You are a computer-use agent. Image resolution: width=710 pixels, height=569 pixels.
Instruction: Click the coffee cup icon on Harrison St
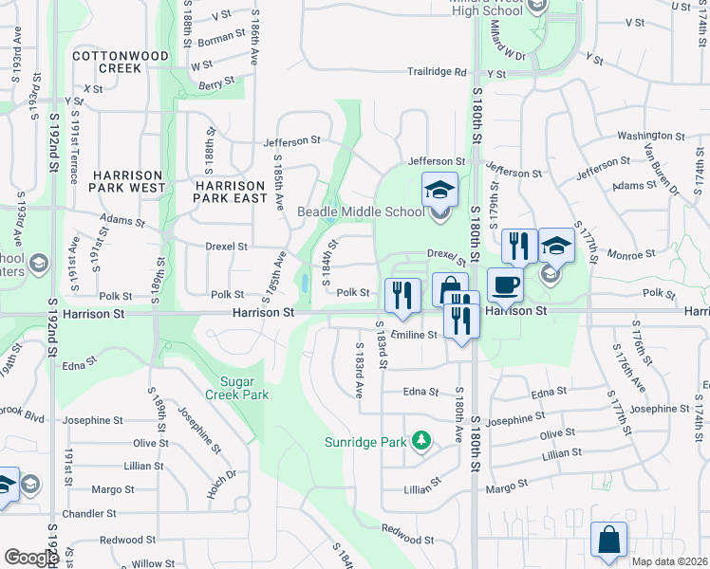pos(504,284)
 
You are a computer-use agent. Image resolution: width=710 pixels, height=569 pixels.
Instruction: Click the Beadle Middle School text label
pos(362,211)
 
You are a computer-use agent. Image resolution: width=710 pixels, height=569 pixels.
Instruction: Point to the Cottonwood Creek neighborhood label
pos(121,63)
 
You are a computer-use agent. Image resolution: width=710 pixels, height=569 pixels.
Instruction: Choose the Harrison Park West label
pos(128,181)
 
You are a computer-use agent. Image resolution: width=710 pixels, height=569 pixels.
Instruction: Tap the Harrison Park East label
pos(229,192)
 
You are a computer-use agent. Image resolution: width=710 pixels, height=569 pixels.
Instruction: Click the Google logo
pos(31,558)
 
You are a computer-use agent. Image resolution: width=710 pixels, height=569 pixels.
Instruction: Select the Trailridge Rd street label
pos(438,71)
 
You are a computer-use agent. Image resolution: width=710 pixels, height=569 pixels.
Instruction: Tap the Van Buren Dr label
pos(663,170)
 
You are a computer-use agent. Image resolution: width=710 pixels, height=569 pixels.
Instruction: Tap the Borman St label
pos(221,39)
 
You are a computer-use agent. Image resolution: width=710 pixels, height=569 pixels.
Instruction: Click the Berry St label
pos(216,85)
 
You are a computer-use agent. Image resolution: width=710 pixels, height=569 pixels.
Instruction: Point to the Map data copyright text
pos(670,561)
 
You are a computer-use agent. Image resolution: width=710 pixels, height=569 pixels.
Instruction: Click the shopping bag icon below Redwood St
pos(608,540)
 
